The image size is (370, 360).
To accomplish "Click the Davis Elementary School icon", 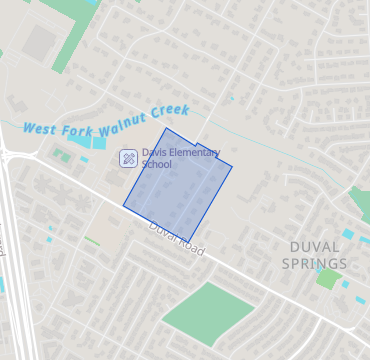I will click(128, 158).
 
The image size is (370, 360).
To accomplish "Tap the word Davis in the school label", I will click(154, 153).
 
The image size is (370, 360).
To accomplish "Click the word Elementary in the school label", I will click(193, 153).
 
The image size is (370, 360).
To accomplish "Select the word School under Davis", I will click(157, 164).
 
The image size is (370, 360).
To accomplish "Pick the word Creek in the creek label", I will click(169, 110).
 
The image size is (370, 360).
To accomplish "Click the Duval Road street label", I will click(176, 239).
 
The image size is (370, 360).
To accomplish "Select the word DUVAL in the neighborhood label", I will click(315, 246).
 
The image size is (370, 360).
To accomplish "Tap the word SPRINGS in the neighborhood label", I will click(314, 264).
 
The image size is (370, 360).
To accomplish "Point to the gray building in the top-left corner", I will click(40, 42).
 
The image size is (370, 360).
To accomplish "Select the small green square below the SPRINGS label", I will click(327, 278).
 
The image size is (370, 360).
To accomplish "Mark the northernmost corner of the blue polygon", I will click(166, 128).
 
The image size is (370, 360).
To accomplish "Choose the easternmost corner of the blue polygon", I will click(232, 165).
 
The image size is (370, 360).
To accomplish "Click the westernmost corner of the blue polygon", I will click(123, 206).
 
